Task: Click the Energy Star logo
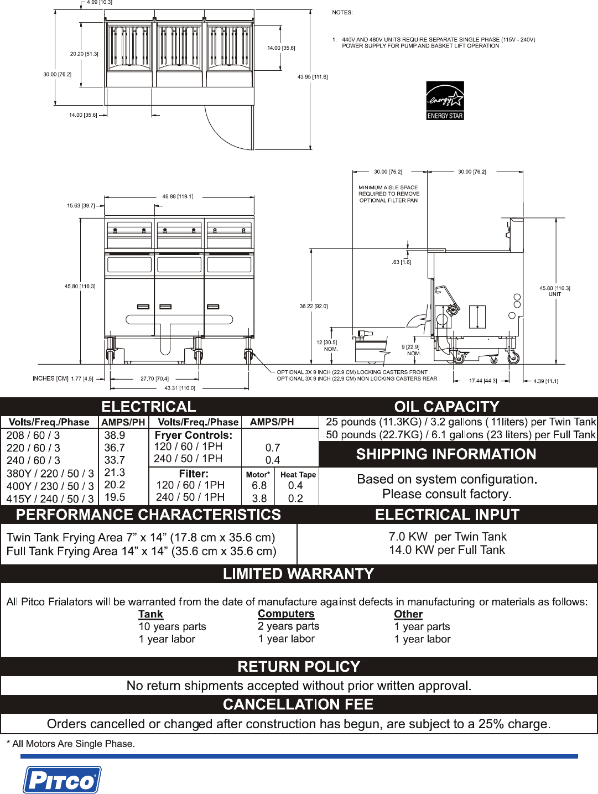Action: tap(445, 101)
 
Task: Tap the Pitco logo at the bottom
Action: tap(62, 780)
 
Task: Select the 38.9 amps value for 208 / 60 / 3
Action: tap(115, 435)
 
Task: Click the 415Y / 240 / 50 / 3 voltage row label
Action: tap(50, 499)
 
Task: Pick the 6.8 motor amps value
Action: tap(259, 486)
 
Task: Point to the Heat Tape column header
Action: tap(298, 474)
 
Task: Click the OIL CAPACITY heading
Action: tap(446, 407)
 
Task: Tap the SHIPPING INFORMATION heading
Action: tap(446, 454)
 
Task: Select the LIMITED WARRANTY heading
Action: tap(298, 574)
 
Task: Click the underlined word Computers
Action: tap(286, 614)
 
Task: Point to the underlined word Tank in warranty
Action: tap(150, 614)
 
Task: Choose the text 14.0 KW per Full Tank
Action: tap(447, 550)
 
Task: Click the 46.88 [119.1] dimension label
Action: tap(178, 196)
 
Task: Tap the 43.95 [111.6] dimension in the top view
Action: tap(313, 77)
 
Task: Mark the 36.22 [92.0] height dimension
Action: tap(314, 306)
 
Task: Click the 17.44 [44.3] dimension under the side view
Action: tap(483, 381)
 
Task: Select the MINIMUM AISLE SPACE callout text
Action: tap(389, 194)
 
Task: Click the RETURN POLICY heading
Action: tap(299, 667)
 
